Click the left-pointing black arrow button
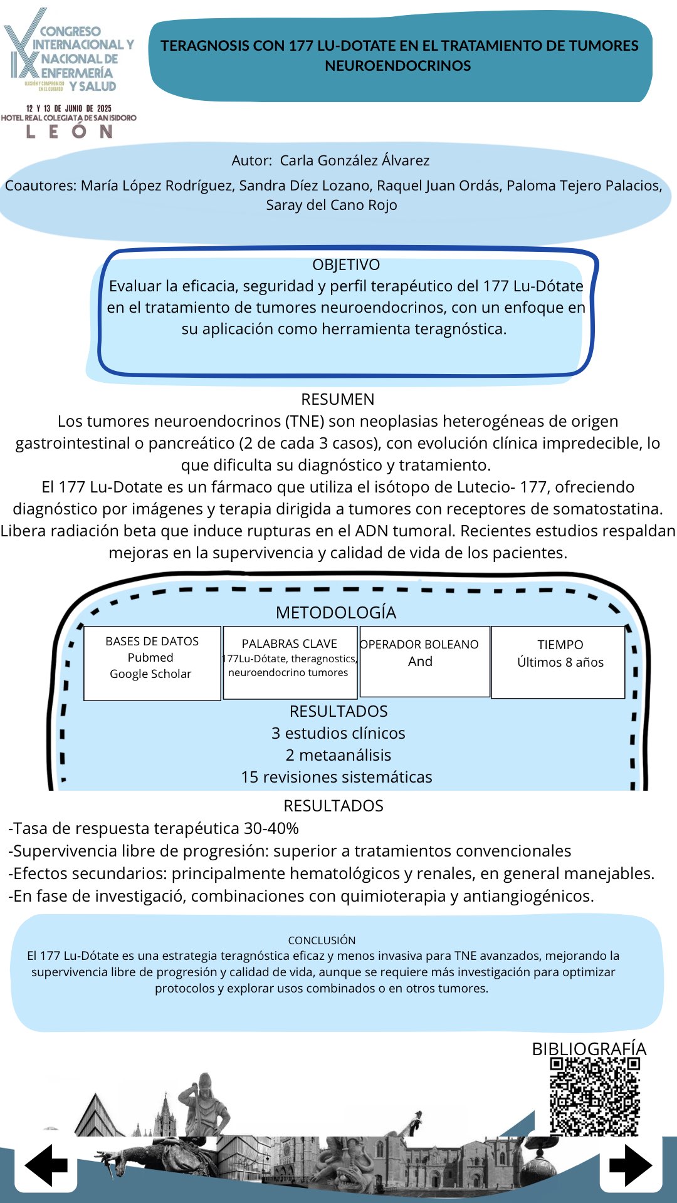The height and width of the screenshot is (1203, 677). [46, 1165]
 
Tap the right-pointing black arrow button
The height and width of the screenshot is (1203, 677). [631, 1165]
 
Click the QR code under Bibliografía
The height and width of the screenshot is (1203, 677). [594, 1096]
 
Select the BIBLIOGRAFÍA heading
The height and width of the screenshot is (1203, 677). [589, 1049]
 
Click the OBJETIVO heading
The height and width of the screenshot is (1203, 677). [346, 264]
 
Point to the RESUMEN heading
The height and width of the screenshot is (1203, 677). [338, 399]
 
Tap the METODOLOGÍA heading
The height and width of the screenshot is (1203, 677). [336, 612]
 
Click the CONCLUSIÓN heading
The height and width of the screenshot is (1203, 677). [322, 940]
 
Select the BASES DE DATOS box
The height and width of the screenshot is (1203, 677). [152, 663]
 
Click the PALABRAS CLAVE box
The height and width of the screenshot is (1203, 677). [290, 662]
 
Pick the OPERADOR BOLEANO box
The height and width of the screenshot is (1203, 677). [424, 661]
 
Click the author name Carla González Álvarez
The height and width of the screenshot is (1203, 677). [354, 160]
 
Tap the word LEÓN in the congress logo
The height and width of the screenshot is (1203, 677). [69, 132]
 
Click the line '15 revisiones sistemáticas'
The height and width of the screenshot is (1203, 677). [337, 777]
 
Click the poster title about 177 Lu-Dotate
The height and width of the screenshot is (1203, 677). [399, 55]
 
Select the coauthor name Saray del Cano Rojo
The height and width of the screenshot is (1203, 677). [332, 205]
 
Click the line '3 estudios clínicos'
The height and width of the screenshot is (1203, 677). [338, 733]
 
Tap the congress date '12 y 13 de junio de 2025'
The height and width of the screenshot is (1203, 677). [69, 108]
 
